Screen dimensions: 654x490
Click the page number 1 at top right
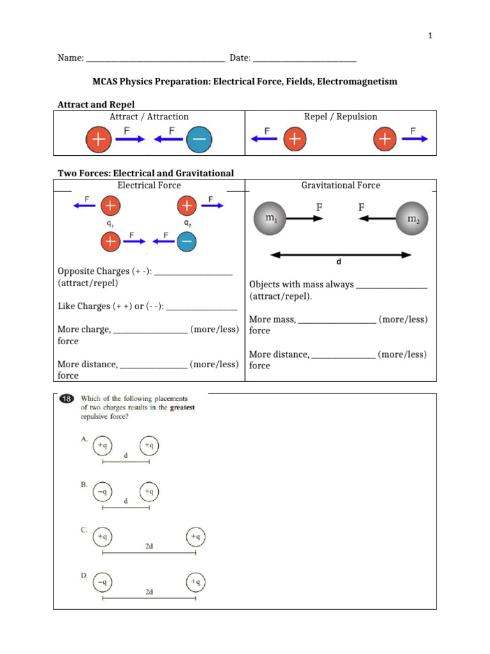[x=431, y=36]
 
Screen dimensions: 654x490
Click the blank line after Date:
[x=304, y=59]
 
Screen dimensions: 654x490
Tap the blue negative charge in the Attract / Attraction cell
[x=199, y=140]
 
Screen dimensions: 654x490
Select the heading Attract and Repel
[x=96, y=104]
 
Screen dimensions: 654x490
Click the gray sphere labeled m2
[x=412, y=219]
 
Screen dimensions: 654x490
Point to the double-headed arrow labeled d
[x=341, y=255]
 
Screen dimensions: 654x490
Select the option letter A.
[x=84, y=439]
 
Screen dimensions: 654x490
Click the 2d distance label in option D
[x=149, y=592]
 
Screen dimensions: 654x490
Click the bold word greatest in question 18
[x=182, y=407]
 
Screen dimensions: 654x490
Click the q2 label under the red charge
[x=187, y=224]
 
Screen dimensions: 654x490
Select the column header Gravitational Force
[x=340, y=185]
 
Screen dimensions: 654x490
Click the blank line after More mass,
[x=337, y=319]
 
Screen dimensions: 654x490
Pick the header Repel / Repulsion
[x=341, y=116]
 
